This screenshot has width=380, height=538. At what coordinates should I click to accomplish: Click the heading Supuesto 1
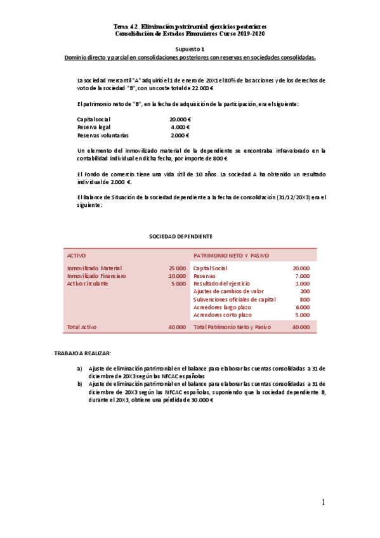coord(190,49)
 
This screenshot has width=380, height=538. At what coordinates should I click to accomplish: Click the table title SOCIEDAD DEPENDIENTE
coord(171,236)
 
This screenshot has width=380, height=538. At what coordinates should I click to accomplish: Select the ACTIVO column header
coord(77,255)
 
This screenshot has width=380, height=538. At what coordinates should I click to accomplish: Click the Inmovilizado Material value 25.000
coord(177,268)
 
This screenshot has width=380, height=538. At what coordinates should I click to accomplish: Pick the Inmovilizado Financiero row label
coord(96,276)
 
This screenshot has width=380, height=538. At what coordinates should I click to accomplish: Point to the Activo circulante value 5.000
coord(178,284)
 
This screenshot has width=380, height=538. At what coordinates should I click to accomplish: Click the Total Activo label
coord(82,327)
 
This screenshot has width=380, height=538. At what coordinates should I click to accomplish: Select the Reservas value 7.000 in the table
coord(302,276)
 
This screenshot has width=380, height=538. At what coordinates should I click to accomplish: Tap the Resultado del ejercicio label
coord(221,284)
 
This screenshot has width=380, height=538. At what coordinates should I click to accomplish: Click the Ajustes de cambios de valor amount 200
coord(305,291)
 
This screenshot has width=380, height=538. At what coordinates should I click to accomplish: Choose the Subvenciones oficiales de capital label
coord(234,299)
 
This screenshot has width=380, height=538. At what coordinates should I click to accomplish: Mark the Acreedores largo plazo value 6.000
coord(302,307)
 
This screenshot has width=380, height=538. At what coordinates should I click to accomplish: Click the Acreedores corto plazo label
coord(222,315)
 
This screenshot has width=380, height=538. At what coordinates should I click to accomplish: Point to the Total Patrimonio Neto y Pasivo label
coord(232,327)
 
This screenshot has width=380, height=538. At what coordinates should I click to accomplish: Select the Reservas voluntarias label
coord(102,135)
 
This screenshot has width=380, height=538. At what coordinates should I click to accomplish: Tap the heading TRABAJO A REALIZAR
coord(82,353)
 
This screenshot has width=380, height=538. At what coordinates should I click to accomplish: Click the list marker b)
coord(79,384)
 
